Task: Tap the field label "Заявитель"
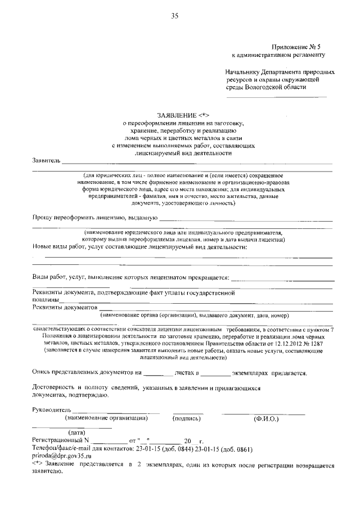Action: (46, 161)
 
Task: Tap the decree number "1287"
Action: (324, 343)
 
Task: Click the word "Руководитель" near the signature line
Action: (52, 411)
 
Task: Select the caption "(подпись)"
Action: (187, 418)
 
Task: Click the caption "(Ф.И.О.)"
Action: (265, 418)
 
